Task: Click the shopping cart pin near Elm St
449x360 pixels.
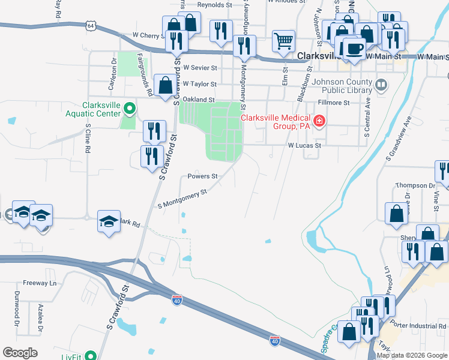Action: pos(283,41)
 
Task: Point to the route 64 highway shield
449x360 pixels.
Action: pos(91,26)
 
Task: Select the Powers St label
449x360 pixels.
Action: pos(202,176)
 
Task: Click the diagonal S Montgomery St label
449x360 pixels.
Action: pos(182,199)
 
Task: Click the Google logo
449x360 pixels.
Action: pos(20,352)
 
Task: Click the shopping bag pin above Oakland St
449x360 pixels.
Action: pos(164,85)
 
